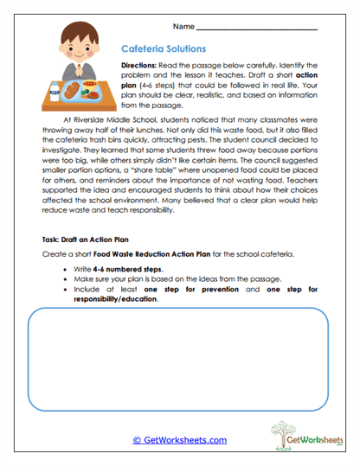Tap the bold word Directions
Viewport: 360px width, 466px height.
point(144,66)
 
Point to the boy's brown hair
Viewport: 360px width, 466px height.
point(80,31)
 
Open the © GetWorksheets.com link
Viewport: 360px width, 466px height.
point(179,440)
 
